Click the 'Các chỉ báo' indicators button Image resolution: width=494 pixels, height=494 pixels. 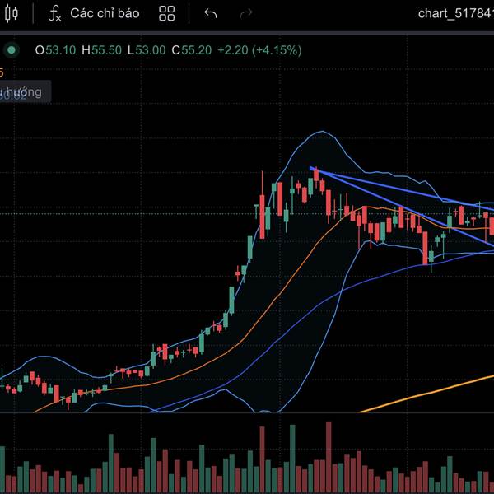click(x=105, y=13)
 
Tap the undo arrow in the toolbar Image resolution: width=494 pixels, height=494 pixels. click(x=211, y=13)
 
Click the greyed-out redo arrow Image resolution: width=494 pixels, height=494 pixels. click(x=245, y=13)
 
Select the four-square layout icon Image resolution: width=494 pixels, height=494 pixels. click(x=167, y=13)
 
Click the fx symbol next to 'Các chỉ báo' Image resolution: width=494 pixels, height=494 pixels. click(x=55, y=13)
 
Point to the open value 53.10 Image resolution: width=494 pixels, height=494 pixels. click(x=60, y=49)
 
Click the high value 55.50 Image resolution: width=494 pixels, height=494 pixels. click(x=106, y=49)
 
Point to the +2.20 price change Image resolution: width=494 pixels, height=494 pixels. click(x=235, y=49)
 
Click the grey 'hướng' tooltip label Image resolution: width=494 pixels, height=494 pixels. click(x=25, y=92)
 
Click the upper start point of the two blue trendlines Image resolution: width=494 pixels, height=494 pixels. click(x=312, y=169)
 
